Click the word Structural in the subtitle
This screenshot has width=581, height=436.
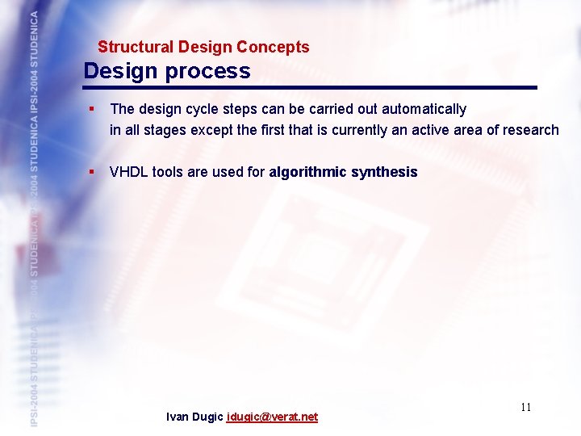pos(131,48)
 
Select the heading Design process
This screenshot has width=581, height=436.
pos(167,71)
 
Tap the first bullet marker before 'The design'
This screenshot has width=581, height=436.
pos(93,109)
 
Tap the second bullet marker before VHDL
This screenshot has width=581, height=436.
pos(93,172)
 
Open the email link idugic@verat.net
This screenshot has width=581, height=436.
pos(272,417)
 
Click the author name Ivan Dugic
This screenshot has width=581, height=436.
pos(194,417)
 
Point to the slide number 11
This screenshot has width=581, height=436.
pos(525,407)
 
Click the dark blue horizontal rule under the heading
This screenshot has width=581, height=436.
pos(311,87)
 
